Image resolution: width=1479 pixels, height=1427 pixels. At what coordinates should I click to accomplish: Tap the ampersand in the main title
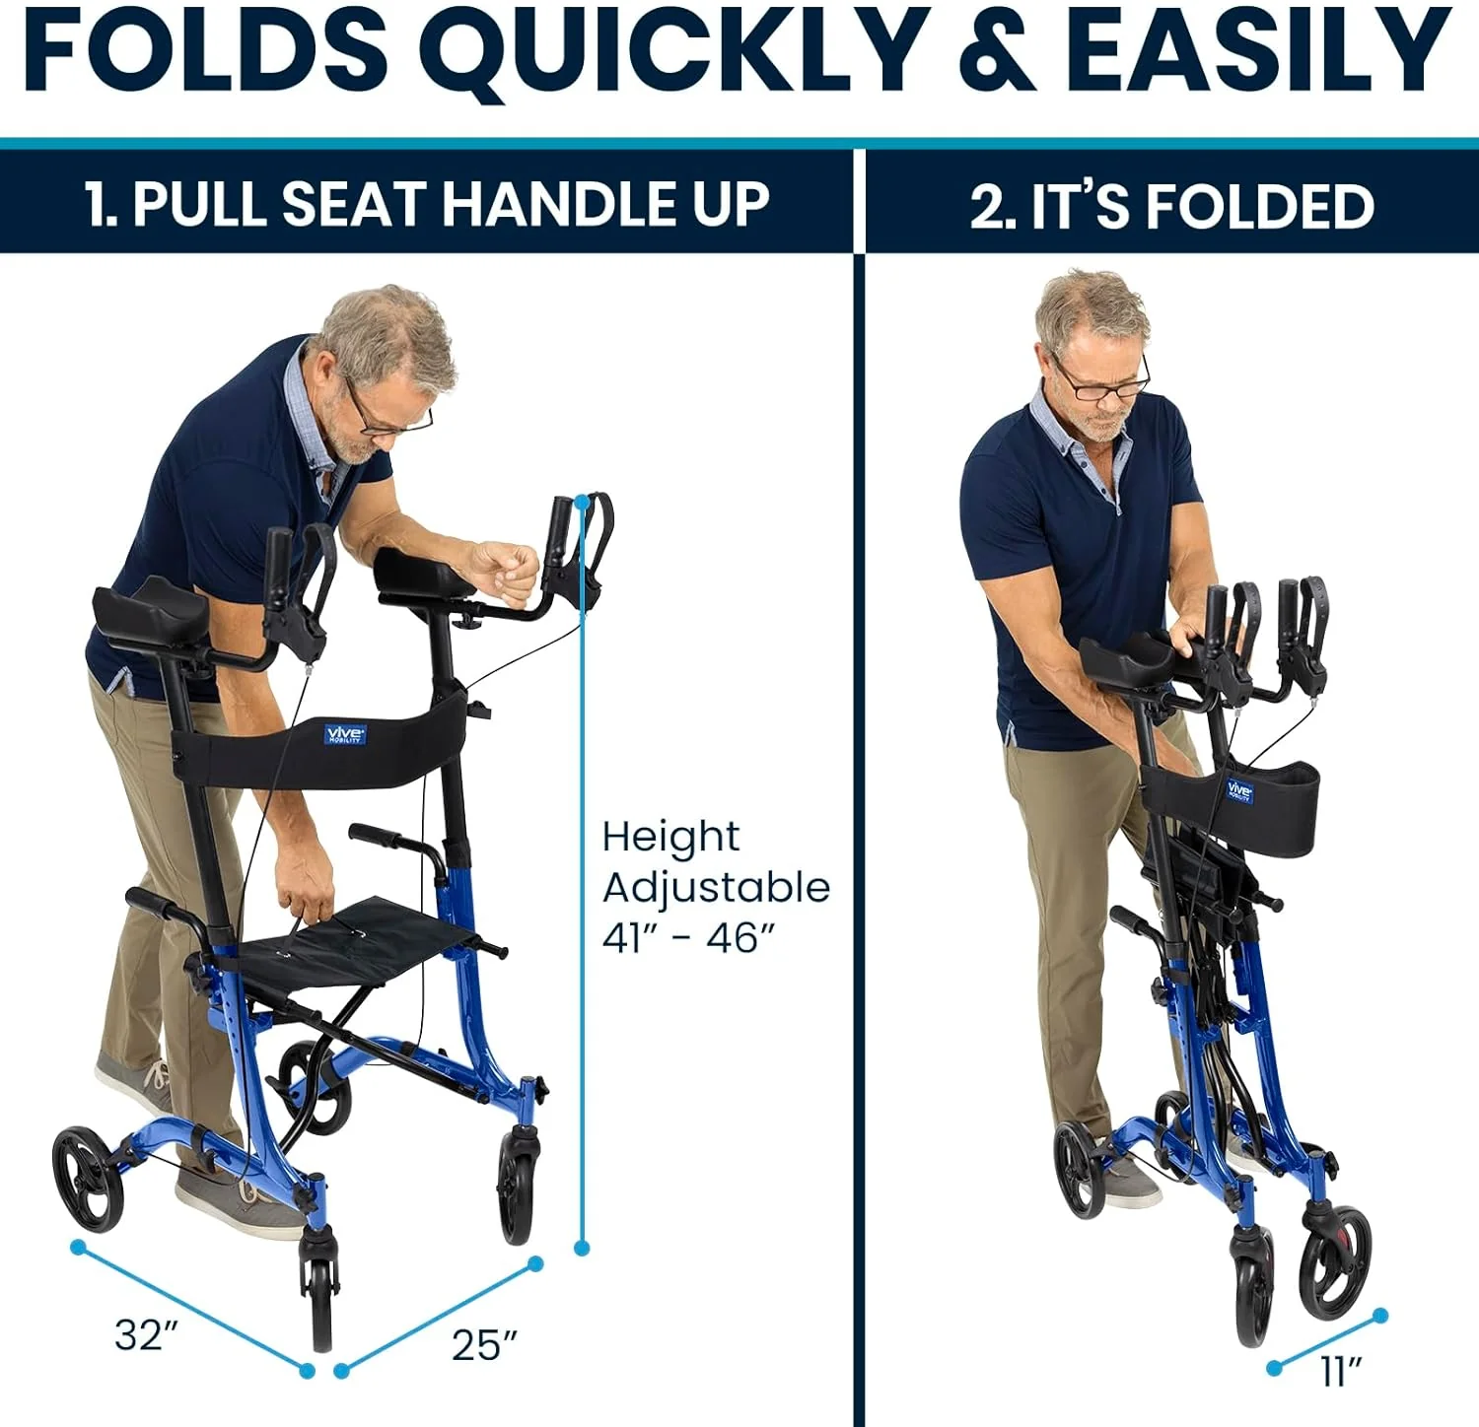[x=997, y=51]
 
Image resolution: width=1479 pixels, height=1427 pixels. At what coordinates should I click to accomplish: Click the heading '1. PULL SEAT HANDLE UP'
[x=426, y=204]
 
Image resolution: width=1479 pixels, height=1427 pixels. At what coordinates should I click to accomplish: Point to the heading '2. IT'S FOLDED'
[x=1171, y=206]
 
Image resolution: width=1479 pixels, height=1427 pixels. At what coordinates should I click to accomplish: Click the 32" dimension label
[x=146, y=1335]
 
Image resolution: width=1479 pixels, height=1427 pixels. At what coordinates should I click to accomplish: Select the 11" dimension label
[x=1340, y=1371]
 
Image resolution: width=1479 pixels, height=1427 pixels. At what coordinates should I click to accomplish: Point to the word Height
[x=670, y=838]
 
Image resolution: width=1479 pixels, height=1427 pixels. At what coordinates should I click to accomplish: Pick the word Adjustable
[x=716, y=888]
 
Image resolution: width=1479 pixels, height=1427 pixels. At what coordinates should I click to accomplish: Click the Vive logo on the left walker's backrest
[x=345, y=734]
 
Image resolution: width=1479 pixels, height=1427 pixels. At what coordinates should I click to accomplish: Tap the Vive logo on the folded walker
[x=1239, y=790]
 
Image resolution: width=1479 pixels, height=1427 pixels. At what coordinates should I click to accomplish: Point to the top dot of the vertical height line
[x=582, y=501]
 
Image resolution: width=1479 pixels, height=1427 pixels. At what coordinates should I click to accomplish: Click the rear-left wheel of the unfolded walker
[x=88, y=1180]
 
